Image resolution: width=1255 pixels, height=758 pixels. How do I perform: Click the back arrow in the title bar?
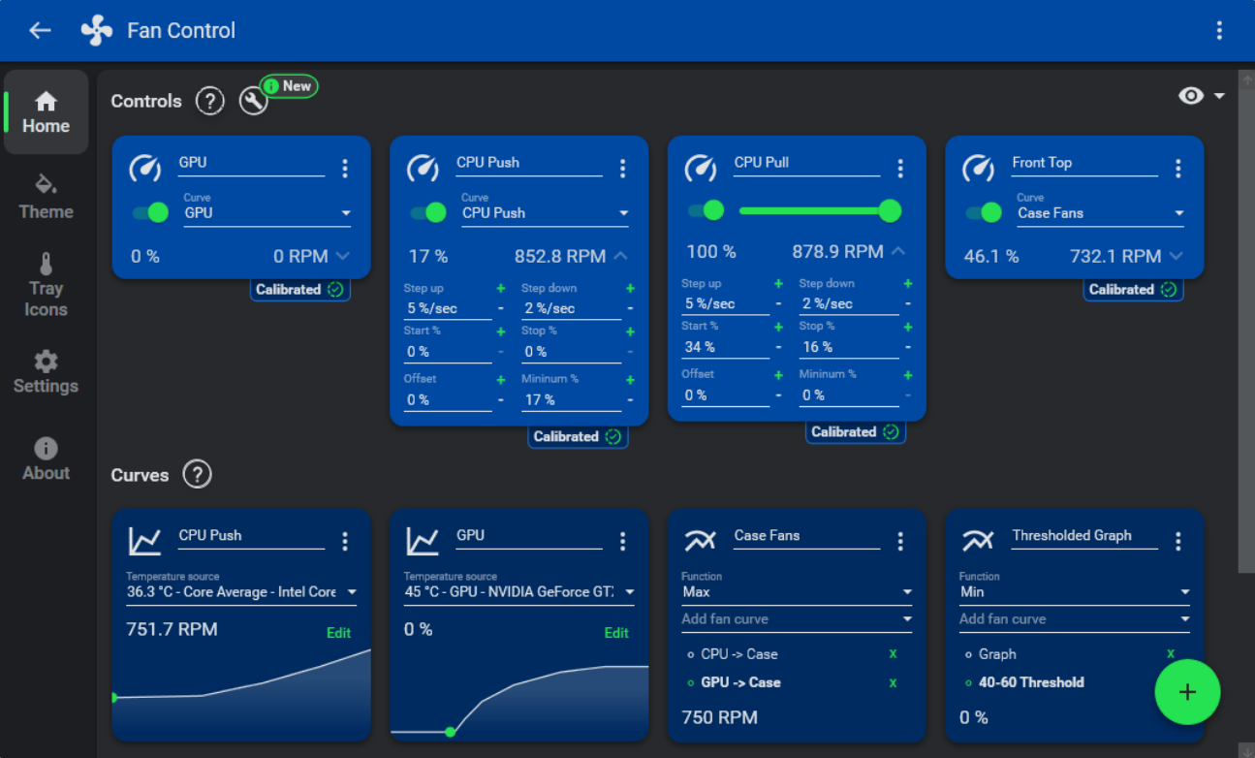(x=40, y=30)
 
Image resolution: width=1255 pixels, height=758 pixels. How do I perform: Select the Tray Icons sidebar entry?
(x=46, y=286)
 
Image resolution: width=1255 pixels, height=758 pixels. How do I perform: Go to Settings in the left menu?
(x=46, y=373)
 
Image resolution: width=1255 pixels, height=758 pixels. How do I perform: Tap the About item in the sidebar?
(x=46, y=459)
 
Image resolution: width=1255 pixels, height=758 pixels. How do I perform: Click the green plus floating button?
(x=1187, y=692)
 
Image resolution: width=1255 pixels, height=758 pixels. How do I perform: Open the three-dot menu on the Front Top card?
(x=1177, y=169)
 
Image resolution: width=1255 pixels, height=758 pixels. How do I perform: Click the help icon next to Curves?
(x=197, y=475)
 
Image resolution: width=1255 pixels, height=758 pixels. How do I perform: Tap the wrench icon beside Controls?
(x=253, y=101)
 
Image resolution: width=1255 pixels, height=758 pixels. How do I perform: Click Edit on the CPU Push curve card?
(x=338, y=633)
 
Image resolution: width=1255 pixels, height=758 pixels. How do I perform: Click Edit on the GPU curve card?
(x=616, y=633)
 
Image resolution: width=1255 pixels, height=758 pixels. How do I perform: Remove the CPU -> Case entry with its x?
(x=893, y=654)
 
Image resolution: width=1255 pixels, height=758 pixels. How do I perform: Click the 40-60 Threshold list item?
(x=1031, y=682)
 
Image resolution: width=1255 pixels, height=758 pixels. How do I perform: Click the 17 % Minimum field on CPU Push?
(x=568, y=399)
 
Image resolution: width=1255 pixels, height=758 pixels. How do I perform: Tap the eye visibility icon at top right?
(x=1191, y=95)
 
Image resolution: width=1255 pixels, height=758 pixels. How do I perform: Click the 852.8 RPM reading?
(x=559, y=256)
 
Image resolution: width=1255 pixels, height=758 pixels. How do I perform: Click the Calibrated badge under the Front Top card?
(x=1132, y=289)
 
